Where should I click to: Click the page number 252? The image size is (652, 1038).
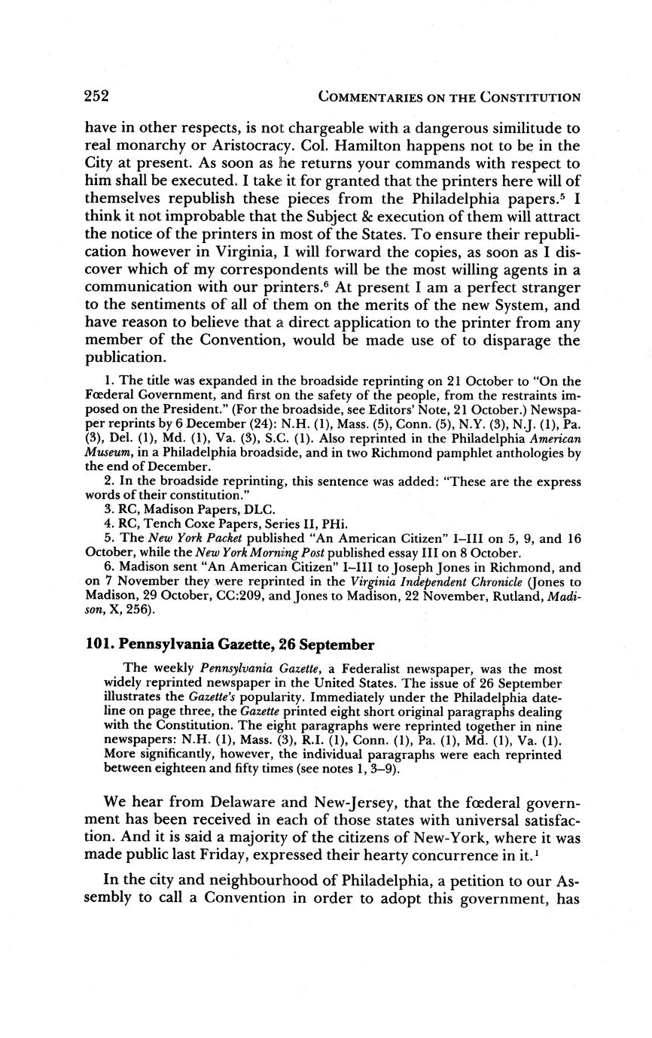[x=97, y=96]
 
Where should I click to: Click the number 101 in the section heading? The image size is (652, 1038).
[x=98, y=645]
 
